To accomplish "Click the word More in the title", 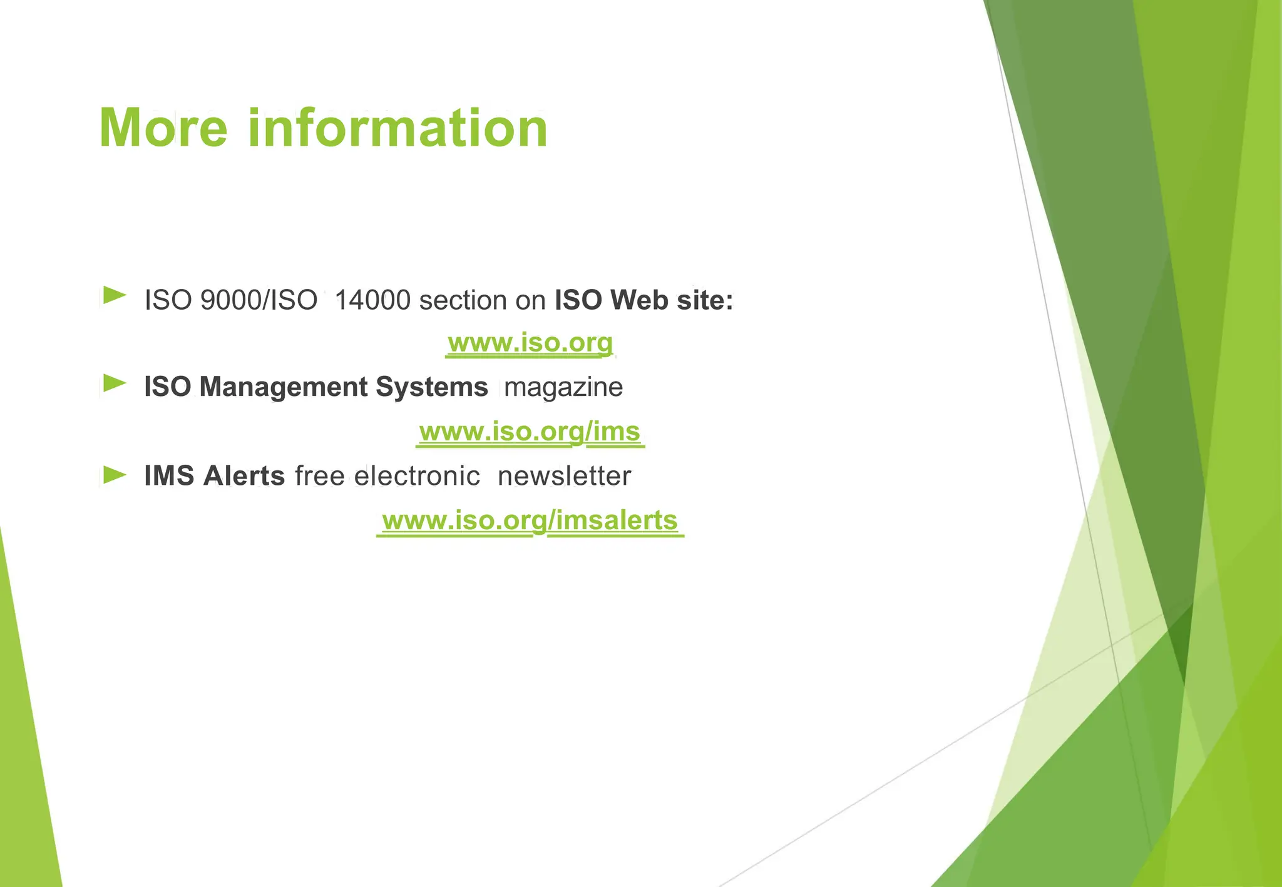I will tap(163, 128).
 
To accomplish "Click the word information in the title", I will tap(398, 128).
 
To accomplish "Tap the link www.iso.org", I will tap(530, 343).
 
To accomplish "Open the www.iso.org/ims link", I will tap(530, 432).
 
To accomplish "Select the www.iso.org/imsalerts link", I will tap(530, 520).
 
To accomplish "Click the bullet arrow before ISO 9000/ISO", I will tap(115, 295).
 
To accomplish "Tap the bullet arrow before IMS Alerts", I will tap(115, 475).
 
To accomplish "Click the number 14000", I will tap(373, 301).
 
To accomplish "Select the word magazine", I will tap(563, 387).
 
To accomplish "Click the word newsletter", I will tap(564, 476).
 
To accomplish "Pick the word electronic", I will tap(417, 476).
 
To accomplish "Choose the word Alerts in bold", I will tap(244, 476).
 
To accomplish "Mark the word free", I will tap(319, 476).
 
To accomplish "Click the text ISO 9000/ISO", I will tap(231, 301).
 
